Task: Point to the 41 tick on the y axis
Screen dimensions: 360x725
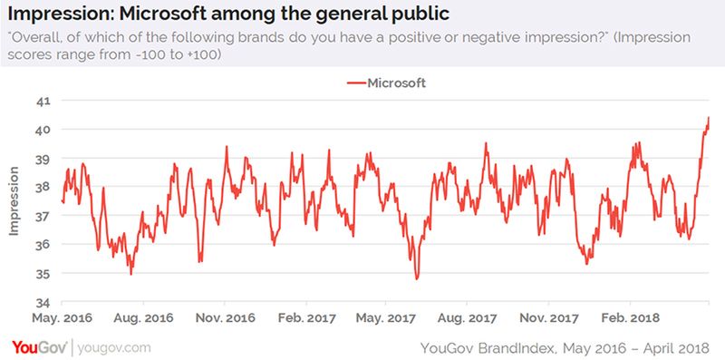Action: point(44,101)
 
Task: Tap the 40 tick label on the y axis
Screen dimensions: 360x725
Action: point(44,130)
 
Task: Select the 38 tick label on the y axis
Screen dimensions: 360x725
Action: point(44,187)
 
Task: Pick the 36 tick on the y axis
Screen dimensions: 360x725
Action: point(44,245)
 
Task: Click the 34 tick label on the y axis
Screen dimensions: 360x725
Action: point(44,302)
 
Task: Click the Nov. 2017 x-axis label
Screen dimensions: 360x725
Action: point(547,318)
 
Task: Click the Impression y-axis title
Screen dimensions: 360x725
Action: point(14,200)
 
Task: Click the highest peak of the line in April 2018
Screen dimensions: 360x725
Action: point(708,118)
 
